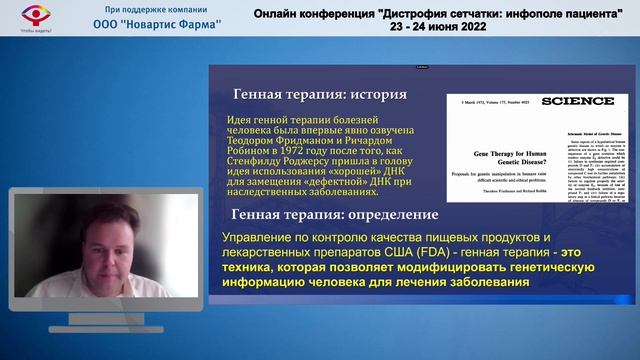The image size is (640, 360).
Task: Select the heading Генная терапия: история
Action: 319,95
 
